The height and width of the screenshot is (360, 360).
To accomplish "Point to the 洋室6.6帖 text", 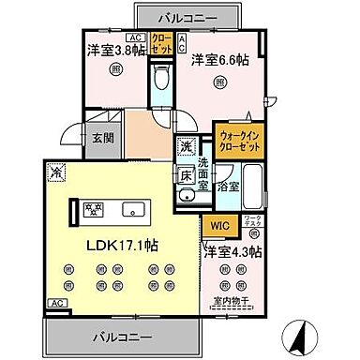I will (217, 60).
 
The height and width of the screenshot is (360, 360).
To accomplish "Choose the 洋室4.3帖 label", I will (233, 251).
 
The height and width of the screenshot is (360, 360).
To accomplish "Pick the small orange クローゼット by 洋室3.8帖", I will (160, 43).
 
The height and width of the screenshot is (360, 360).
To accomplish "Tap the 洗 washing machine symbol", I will (187, 146).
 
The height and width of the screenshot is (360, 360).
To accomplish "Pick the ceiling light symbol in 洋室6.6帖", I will (218, 82).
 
